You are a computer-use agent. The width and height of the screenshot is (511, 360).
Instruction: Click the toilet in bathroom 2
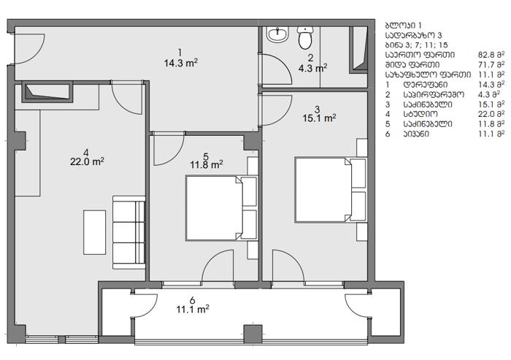point(305,38)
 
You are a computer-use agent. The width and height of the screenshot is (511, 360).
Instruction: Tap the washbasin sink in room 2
point(277,34)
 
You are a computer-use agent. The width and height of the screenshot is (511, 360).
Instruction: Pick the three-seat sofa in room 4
point(128,232)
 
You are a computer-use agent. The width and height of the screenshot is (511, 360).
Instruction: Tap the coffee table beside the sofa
point(94,232)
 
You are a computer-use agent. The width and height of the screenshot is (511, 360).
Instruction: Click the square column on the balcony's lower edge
point(253,334)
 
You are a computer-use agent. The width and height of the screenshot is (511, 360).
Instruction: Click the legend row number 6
point(388,134)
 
